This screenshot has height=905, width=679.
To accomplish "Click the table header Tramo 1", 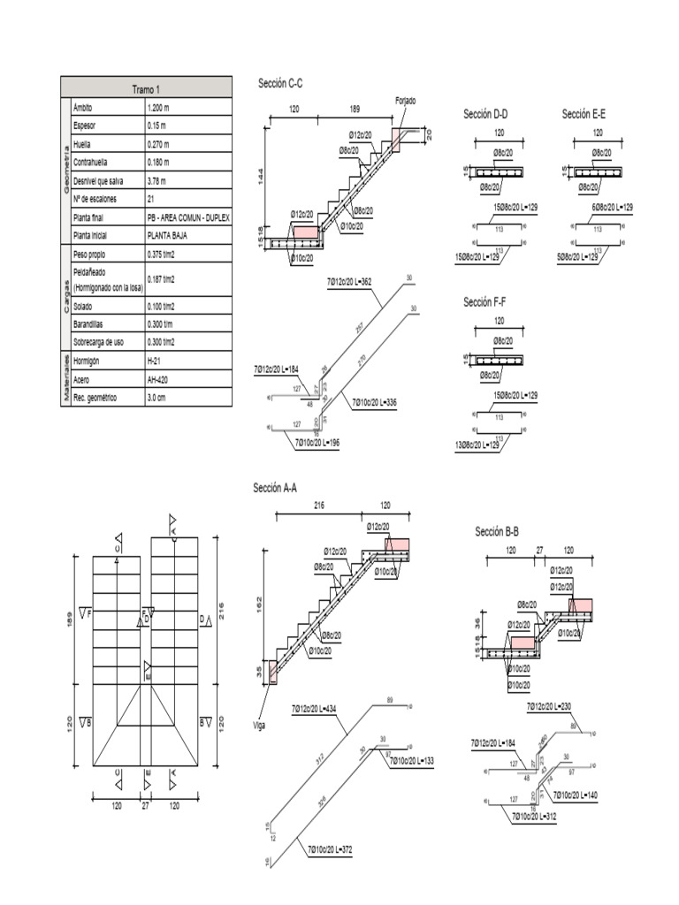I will point(146,89).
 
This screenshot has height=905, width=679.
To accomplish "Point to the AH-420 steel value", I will point(160,379).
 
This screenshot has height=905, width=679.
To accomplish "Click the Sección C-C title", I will point(280,83).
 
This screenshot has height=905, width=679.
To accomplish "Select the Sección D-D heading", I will point(485,114).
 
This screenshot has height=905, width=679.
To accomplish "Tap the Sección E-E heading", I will point(584,114).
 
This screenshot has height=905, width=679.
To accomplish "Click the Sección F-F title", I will point(485,302).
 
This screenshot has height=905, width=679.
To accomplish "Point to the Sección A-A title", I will point(275,488).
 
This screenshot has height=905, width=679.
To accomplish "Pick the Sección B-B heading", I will point(497,531).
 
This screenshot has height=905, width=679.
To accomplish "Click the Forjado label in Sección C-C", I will point(405,102).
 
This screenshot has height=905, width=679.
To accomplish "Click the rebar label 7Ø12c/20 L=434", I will point(314,709).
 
